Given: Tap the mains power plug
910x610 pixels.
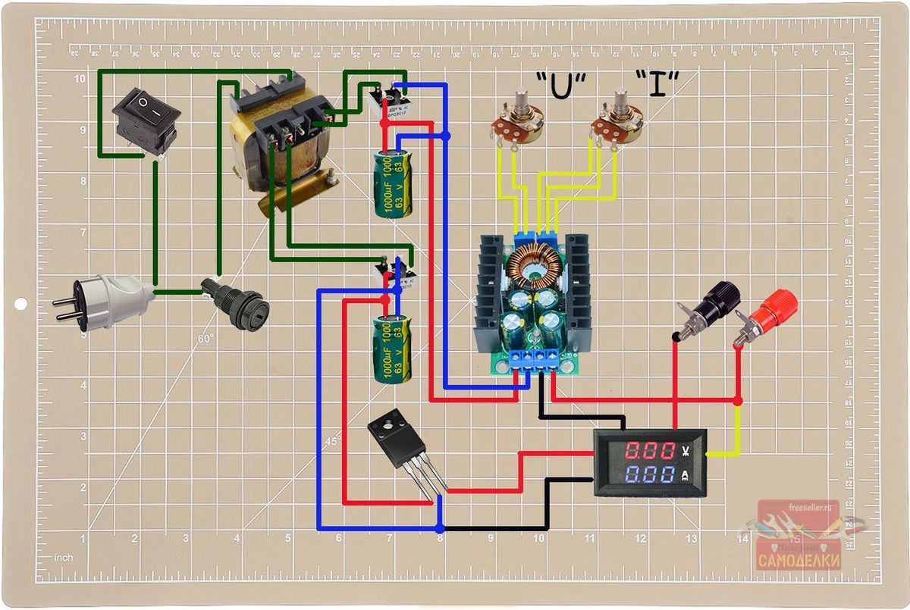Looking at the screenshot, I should [105, 300].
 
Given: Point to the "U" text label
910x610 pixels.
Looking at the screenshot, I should [562, 86].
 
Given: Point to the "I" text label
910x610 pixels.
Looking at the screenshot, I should [657, 86].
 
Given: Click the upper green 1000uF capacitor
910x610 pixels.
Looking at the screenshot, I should [394, 183].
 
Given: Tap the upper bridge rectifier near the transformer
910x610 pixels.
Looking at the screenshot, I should [387, 99].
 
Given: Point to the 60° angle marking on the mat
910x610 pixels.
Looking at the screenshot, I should [206, 339].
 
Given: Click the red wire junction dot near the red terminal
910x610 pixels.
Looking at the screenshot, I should [738, 399].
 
